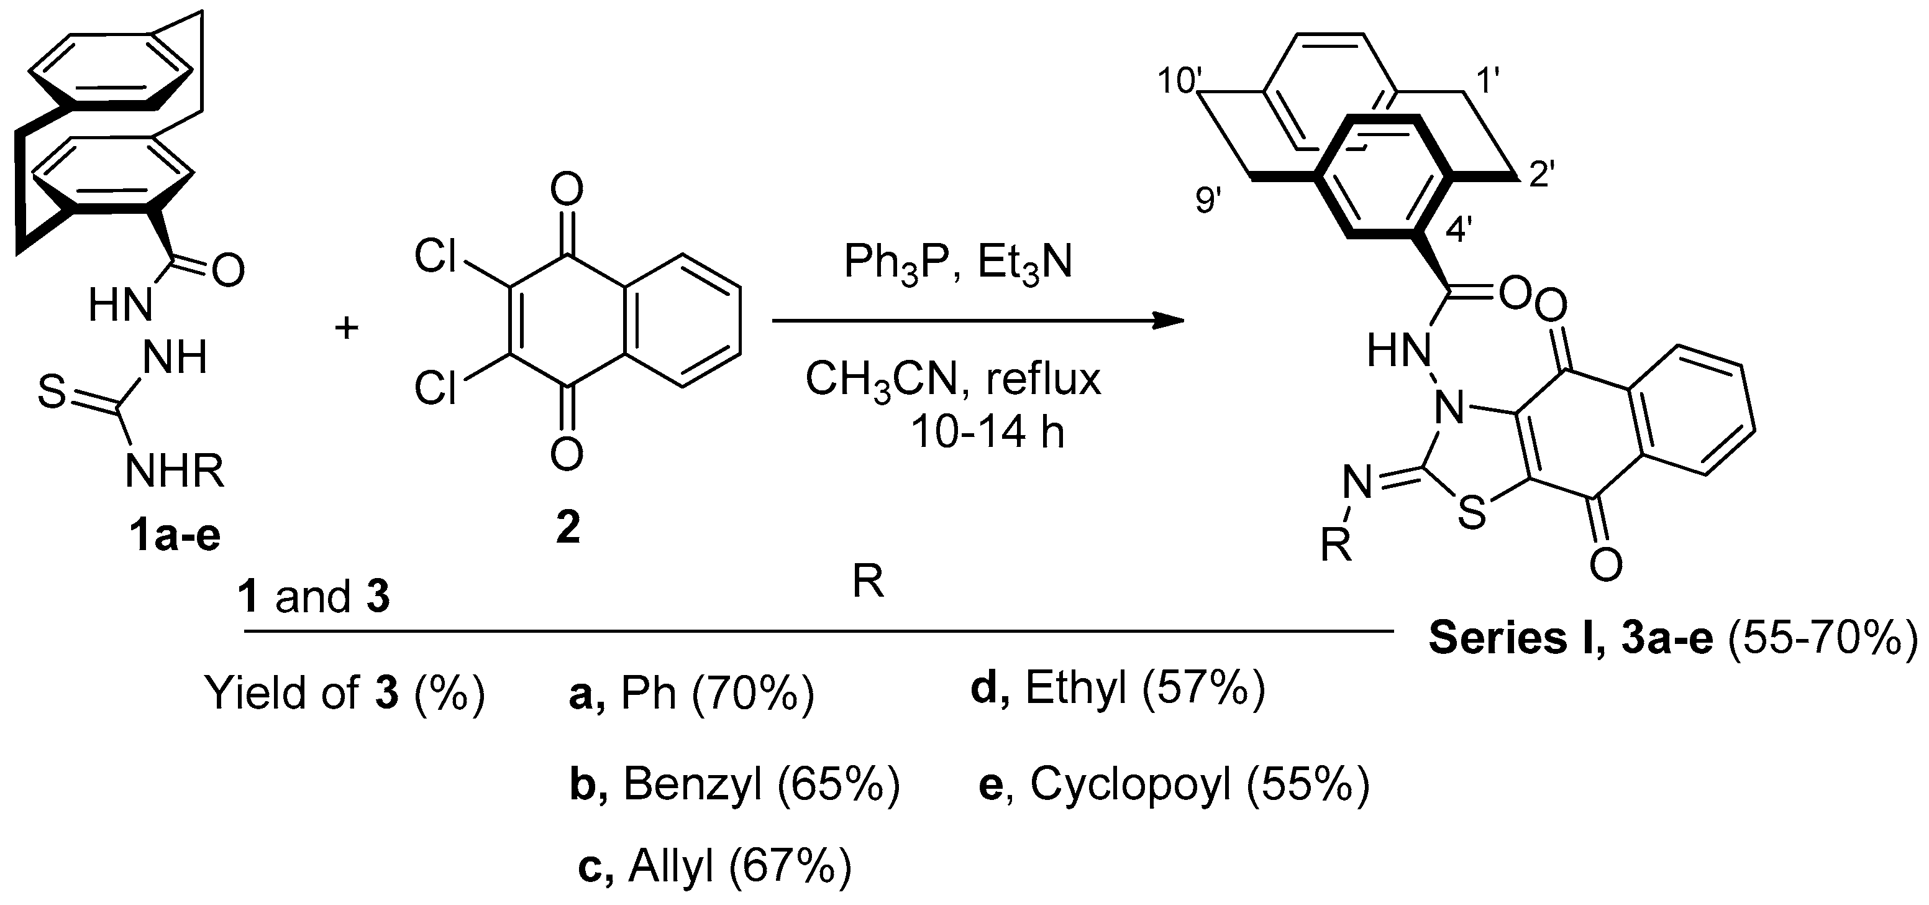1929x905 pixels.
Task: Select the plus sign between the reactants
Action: tap(346, 328)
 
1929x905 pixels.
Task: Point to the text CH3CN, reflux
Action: tap(952, 379)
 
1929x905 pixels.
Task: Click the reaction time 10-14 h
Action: tap(987, 432)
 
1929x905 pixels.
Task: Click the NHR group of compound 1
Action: tap(175, 471)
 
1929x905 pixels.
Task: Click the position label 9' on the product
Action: tap(1208, 200)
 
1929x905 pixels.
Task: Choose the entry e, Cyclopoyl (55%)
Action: tap(1174, 785)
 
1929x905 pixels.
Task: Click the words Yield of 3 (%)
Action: tap(345, 694)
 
